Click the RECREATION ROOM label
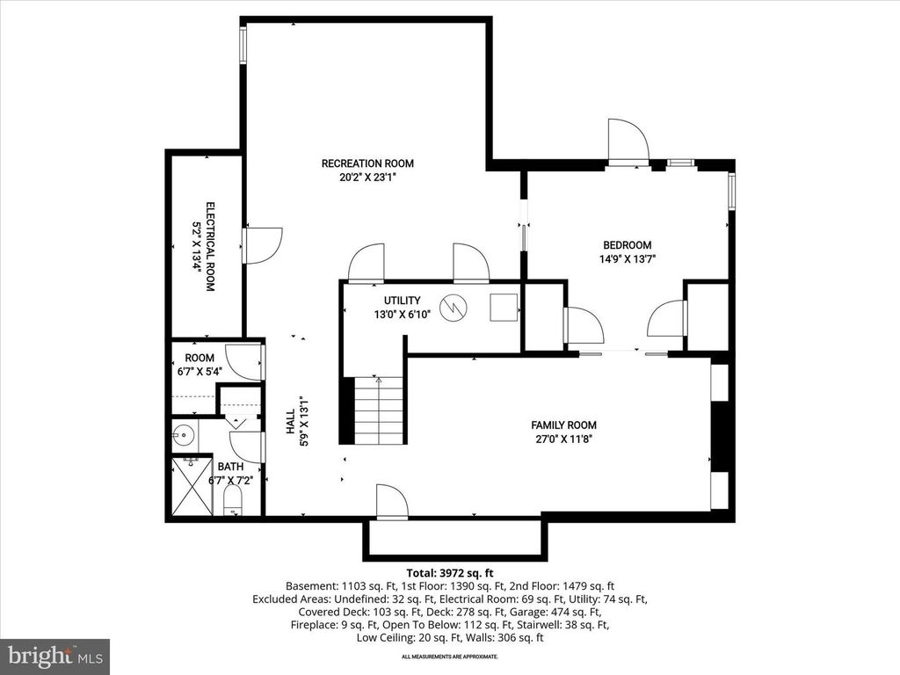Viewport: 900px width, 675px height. coord(367,163)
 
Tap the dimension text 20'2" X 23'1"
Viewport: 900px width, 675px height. coord(367,177)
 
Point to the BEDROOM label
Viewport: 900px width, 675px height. coord(627,245)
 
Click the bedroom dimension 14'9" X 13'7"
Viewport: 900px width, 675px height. coord(627,258)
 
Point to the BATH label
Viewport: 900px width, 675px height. coord(231,467)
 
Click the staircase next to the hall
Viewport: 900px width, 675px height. coord(379,410)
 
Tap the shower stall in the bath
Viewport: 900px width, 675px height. coord(191,486)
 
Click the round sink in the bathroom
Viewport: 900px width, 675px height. coord(183,434)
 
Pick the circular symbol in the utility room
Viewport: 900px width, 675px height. coord(454,307)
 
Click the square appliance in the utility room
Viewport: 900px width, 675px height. coord(504,307)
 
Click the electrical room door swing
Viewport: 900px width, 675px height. coord(263,245)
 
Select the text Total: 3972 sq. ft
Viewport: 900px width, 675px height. coord(449,571)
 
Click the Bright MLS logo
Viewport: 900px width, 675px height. coord(54,656)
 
